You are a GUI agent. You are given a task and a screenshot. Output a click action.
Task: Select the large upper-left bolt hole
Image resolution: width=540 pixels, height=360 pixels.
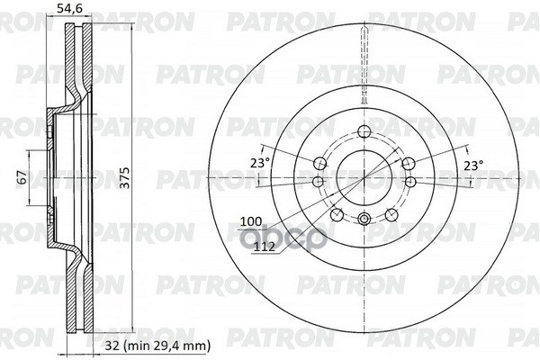click(x=319, y=163)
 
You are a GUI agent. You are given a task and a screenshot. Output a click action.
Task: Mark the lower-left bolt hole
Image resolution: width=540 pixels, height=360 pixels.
click(x=336, y=214)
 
